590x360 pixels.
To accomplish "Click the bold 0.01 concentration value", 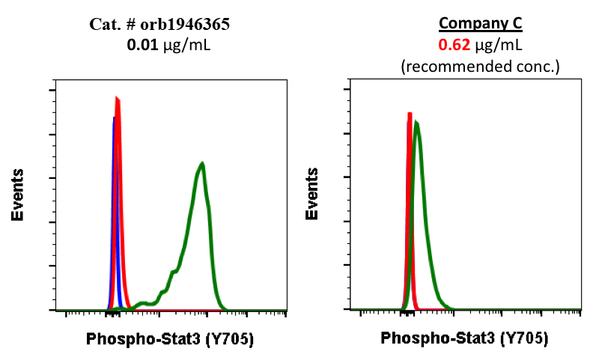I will coord(142,45).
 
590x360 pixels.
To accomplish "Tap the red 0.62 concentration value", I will coord(454,45).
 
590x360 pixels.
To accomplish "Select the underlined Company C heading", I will coord(480,24).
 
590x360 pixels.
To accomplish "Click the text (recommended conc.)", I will coord(480,67).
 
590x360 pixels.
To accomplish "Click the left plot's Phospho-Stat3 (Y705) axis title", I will coord(170,339).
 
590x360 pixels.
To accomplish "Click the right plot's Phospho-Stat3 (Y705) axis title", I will coord(464,339).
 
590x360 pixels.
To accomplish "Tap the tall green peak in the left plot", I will coord(201,164).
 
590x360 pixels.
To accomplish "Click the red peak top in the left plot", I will coord(118,98).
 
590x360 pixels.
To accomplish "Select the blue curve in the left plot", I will coord(113,150).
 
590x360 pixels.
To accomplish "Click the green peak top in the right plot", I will coord(416,123).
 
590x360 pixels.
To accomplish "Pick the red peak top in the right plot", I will coord(410,114).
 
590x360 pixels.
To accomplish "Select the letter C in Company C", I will coord(517,24).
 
